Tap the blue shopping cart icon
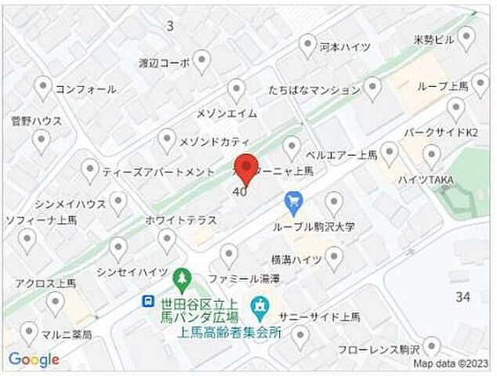click(x=293, y=203)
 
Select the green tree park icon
click(x=182, y=277)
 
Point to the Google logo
click(x=34, y=360)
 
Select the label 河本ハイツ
click(x=346, y=47)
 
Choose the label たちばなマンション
click(x=313, y=89)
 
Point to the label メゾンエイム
click(x=227, y=114)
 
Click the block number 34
click(x=463, y=297)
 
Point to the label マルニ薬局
click(x=66, y=335)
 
